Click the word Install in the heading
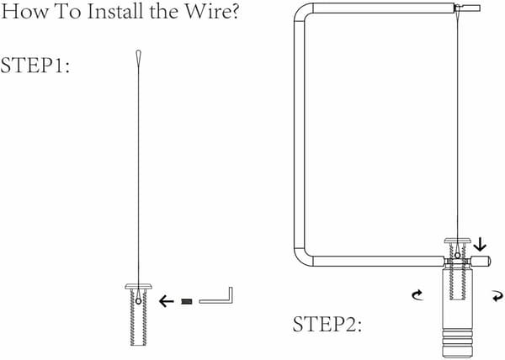[115, 11]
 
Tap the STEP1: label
[35, 65]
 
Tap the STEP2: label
[327, 324]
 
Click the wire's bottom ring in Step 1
[139, 301]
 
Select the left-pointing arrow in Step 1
[167, 301]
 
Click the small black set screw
[187, 301]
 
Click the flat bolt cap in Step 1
[139, 286]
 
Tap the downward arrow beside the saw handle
[481, 244]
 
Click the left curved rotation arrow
[417, 294]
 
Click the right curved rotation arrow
[497, 296]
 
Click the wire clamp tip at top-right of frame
[467, 8]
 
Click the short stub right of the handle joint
[481, 261]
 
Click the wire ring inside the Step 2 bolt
[457, 256]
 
